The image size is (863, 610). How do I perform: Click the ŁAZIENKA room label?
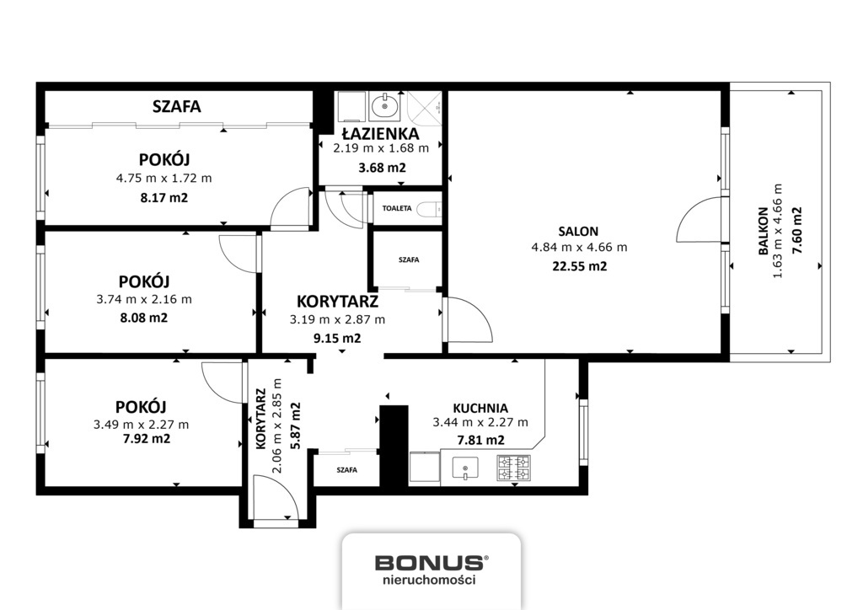click(380, 134)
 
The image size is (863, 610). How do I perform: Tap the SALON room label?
click(578, 232)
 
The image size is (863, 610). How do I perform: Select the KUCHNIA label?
click(480, 408)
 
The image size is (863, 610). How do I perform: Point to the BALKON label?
click(764, 231)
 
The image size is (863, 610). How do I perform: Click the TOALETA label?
click(397, 208)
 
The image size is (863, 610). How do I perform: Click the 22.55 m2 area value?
click(580, 266)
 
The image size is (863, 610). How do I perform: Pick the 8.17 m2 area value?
click(164, 197)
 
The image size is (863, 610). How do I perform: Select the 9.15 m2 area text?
click(337, 338)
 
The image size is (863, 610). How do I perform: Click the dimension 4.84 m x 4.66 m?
click(579, 248)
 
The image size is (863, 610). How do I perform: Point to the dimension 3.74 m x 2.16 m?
click(144, 300)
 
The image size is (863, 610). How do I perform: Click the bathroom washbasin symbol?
click(385, 105)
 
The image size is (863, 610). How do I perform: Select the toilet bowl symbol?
click(428, 209)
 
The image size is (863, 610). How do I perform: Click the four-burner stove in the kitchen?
click(513, 468)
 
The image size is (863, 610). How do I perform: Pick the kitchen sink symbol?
click(465, 468)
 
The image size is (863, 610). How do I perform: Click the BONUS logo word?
click(430, 563)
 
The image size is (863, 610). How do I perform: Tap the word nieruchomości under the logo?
click(429, 580)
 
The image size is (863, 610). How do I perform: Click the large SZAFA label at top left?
click(177, 106)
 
